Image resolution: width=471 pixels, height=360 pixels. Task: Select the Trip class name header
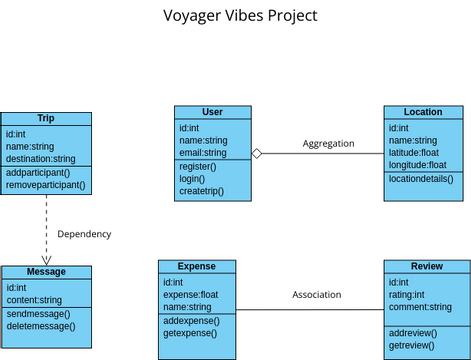pos(46,118)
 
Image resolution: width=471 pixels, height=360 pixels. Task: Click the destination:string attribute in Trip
pos(40,159)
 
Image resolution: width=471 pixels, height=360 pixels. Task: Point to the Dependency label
pos(84,234)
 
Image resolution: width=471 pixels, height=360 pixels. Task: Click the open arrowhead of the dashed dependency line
pos(46,259)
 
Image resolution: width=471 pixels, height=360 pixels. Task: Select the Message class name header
pos(46,272)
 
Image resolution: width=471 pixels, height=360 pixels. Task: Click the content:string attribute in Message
pos(34,300)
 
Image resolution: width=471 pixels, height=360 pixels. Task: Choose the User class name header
pos(212,112)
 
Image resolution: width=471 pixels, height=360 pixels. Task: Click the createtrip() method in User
pos(202,190)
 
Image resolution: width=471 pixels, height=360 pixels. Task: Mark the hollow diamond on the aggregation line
pos(257,153)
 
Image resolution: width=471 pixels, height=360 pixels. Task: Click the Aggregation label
pos(328,144)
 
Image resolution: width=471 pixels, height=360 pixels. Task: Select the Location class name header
pos(423,112)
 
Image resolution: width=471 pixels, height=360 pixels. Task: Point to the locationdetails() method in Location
pos(421,179)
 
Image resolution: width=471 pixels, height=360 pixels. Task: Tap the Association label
pos(316,295)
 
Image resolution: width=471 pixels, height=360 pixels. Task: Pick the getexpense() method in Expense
pos(190,333)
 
